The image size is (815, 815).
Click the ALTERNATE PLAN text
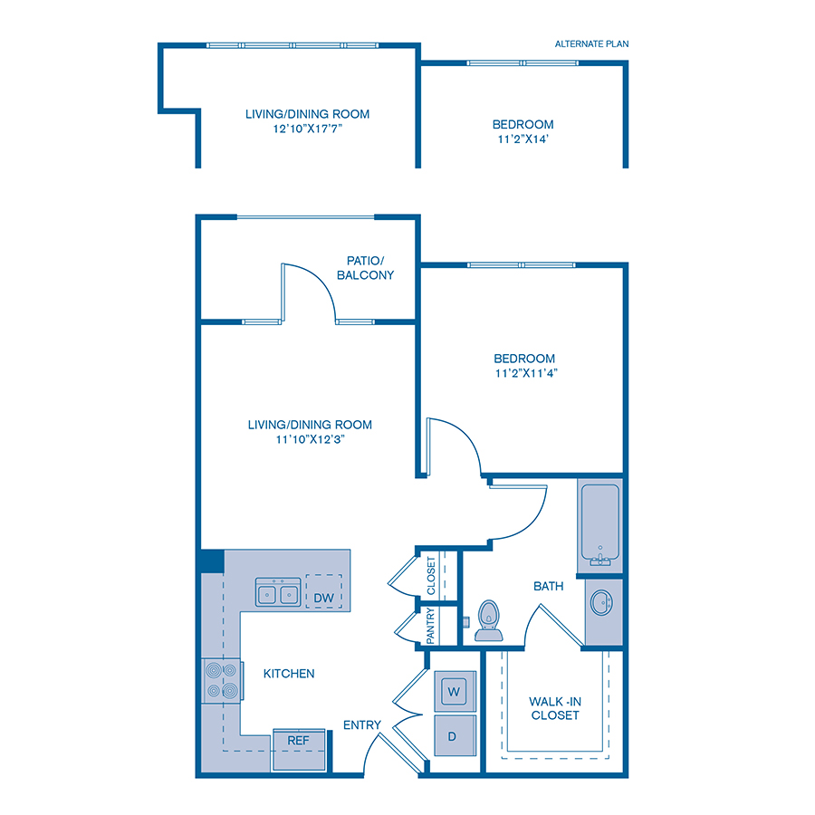click(591, 43)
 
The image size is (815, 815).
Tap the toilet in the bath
click(489, 619)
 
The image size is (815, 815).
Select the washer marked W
click(454, 692)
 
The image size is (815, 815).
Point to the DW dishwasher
click(324, 597)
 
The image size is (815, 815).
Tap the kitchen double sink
click(278, 594)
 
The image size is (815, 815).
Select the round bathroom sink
click(601, 601)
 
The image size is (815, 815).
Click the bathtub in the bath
click(600, 524)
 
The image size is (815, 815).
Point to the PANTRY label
click(430, 625)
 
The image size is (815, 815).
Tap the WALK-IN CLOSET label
click(554, 707)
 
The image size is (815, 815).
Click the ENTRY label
click(361, 724)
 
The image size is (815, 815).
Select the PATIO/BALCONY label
click(365, 267)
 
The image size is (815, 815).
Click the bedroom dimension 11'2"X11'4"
click(524, 372)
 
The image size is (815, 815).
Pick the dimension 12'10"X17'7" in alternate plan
click(307, 129)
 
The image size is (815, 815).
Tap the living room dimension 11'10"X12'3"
click(310, 438)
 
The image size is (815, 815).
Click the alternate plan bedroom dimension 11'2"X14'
click(523, 139)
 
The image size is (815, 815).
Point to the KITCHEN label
click(289, 673)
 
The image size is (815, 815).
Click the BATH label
click(548, 586)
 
